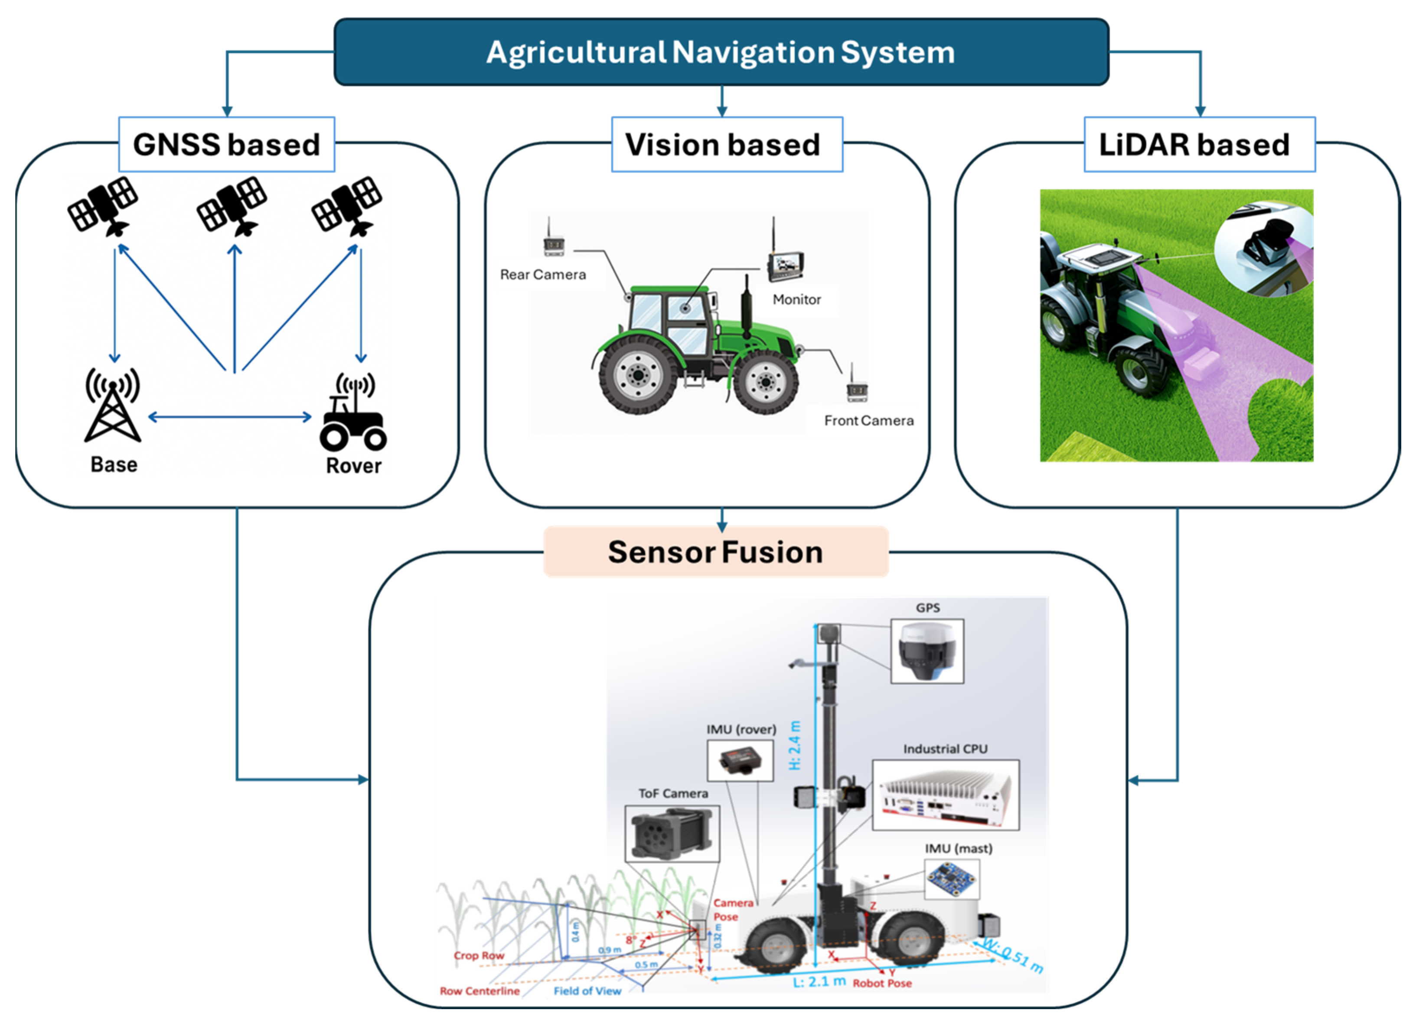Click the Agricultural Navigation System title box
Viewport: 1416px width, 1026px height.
(721, 52)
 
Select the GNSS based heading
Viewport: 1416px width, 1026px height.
(227, 145)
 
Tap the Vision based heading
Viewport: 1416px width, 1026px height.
(722, 145)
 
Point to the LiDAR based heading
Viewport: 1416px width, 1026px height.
(1194, 145)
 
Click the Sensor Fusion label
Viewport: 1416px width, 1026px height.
(715, 552)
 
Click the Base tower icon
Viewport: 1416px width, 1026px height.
(113, 406)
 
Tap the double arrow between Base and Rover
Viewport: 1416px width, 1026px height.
(230, 417)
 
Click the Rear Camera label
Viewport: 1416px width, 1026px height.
(542, 275)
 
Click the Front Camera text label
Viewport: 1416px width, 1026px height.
(868, 421)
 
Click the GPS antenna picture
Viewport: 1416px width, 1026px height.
(927, 651)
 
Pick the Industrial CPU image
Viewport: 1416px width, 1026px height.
(945, 795)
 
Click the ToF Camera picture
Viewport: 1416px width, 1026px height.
(672, 834)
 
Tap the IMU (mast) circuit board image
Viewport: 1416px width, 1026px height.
(951, 878)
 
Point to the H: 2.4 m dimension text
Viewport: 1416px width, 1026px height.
(794, 745)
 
